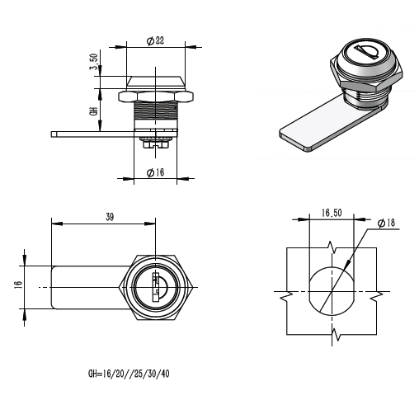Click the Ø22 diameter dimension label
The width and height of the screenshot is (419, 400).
click(x=155, y=40)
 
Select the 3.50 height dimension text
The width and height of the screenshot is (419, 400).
click(x=94, y=62)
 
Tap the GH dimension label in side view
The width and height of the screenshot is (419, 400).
click(x=94, y=111)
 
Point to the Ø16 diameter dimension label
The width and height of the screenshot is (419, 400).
click(x=155, y=172)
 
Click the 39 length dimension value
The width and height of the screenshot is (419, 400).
click(x=110, y=217)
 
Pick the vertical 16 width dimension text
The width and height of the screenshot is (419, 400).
click(x=17, y=285)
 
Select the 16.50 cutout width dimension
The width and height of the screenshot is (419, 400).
click(x=332, y=213)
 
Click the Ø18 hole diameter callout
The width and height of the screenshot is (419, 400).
click(x=386, y=223)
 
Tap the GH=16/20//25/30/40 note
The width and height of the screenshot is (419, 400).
click(x=129, y=374)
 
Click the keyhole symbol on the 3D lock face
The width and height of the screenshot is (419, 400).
click(x=365, y=52)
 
